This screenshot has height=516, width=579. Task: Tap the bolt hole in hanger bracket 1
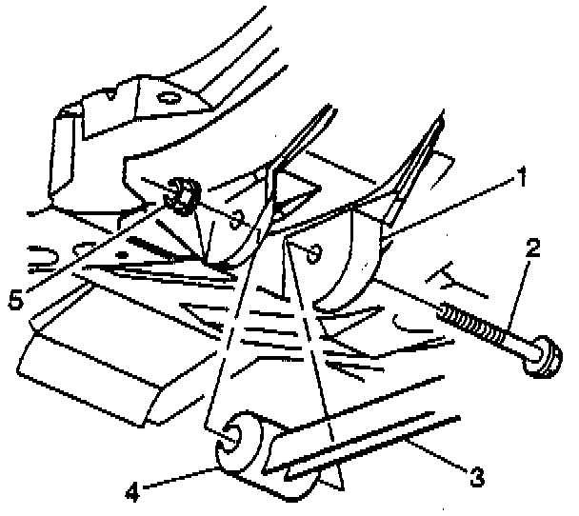coord(313,253)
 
